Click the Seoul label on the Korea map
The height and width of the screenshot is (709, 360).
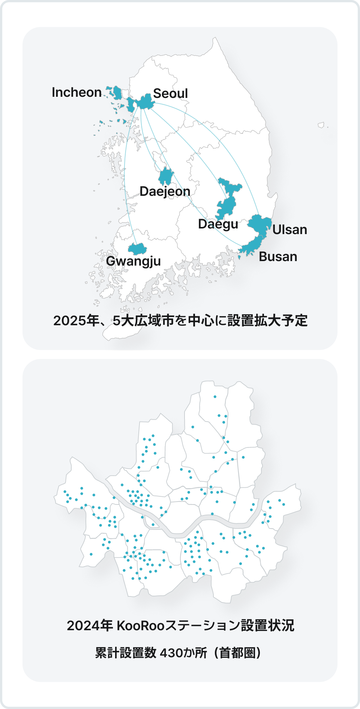click(170, 93)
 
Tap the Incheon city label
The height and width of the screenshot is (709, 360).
click(76, 92)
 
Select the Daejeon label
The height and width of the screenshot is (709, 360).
click(165, 191)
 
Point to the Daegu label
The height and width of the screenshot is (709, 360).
click(218, 224)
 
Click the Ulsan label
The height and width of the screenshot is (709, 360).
click(289, 230)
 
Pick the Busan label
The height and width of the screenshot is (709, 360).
click(278, 257)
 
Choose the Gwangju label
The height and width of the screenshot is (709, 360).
click(133, 261)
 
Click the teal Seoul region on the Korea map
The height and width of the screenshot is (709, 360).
click(145, 101)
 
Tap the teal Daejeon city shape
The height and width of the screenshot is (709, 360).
click(166, 176)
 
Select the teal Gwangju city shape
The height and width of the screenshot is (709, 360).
click(137, 249)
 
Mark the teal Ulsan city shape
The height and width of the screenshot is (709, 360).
click(260, 223)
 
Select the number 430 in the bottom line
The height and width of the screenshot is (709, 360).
click(171, 653)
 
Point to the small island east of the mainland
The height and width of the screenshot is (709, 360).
click(321, 125)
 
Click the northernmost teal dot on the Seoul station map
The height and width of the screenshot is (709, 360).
click(215, 397)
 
